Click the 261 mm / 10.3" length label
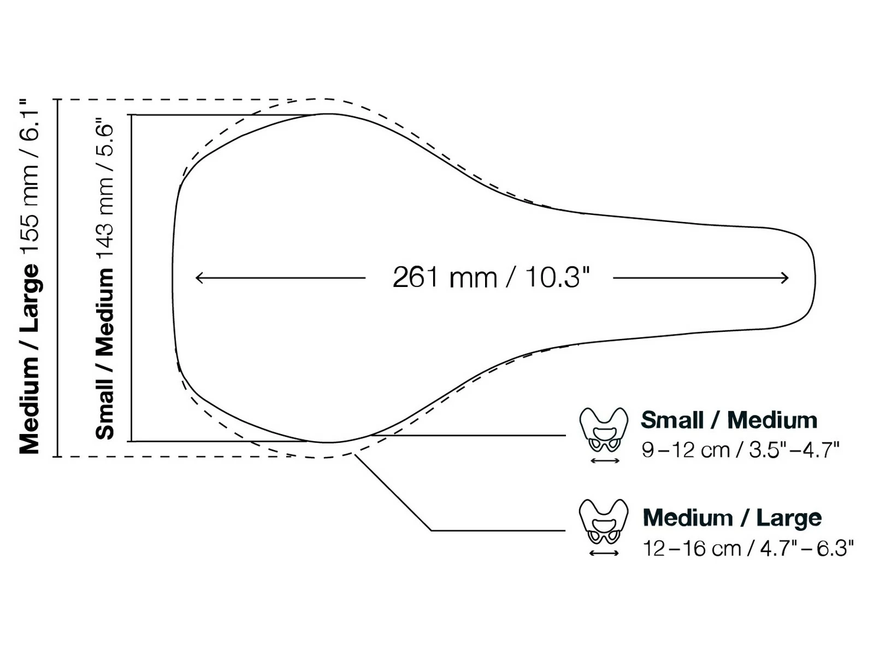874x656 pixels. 491,277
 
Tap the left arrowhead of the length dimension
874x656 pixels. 198,278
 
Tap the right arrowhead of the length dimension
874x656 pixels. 786,278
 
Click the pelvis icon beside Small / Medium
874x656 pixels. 604,430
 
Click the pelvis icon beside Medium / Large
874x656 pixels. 604,522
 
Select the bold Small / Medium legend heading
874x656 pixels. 729,420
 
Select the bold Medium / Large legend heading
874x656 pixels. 732,517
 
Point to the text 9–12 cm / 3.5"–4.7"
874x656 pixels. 740,450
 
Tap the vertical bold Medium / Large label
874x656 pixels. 30,358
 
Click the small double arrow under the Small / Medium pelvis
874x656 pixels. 605,461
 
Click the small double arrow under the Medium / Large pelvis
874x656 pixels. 604,553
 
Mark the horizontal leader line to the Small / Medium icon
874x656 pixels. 470,436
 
